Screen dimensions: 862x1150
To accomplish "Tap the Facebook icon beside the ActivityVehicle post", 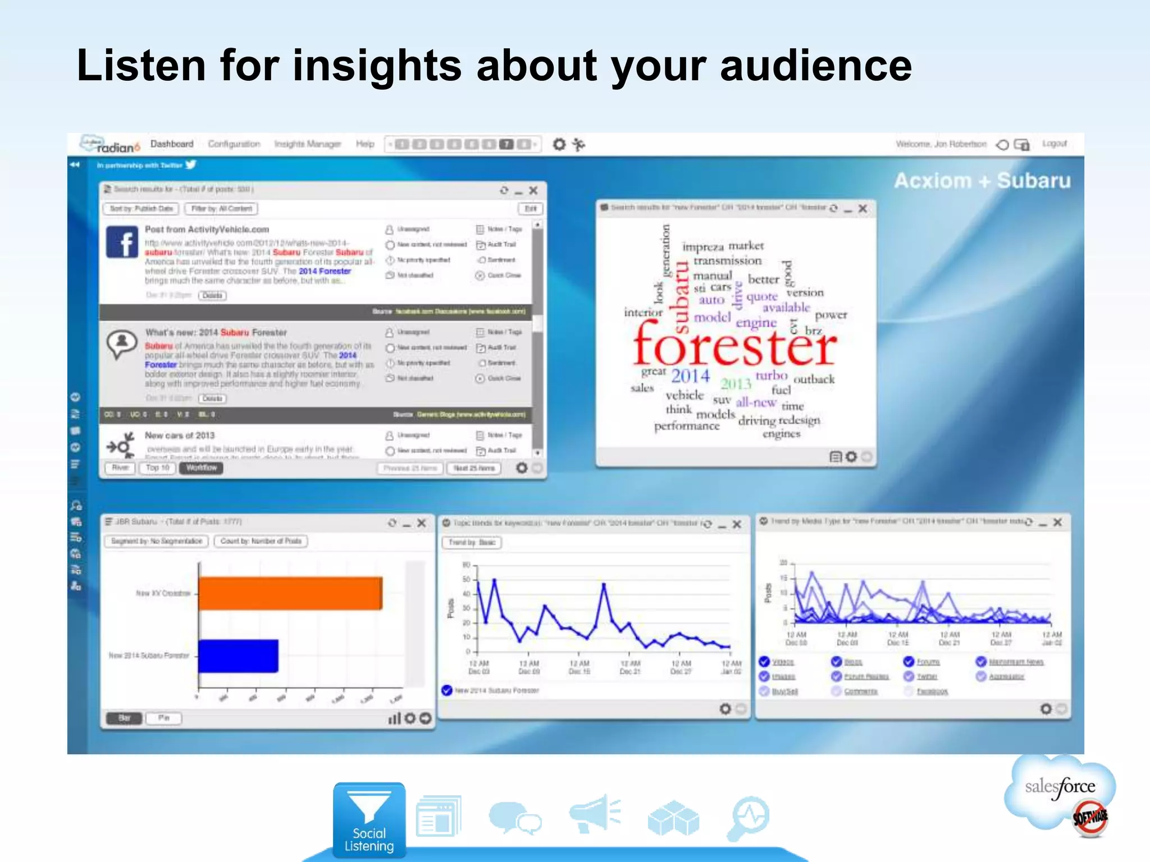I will [122, 242].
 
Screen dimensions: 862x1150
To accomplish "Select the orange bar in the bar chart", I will [290, 593].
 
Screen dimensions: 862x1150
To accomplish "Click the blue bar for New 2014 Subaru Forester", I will [238, 655].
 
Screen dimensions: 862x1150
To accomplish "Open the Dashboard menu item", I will [172, 144].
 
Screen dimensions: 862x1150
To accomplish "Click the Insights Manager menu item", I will [308, 144].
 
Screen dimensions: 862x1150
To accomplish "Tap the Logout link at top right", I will [1054, 144].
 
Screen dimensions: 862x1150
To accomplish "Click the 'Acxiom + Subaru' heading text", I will [982, 181].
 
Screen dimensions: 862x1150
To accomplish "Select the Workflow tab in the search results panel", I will [201, 468].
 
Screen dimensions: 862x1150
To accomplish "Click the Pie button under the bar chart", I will [163, 718].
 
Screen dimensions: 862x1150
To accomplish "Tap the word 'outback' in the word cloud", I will [814, 379].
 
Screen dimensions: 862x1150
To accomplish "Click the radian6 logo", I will [111, 145].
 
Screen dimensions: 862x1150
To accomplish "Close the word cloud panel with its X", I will [863, 209].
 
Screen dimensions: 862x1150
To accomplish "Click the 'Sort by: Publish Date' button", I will [141, 209].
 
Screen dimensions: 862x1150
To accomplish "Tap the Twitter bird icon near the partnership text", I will [191, 164].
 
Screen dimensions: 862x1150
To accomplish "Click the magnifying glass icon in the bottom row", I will [749, 817].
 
